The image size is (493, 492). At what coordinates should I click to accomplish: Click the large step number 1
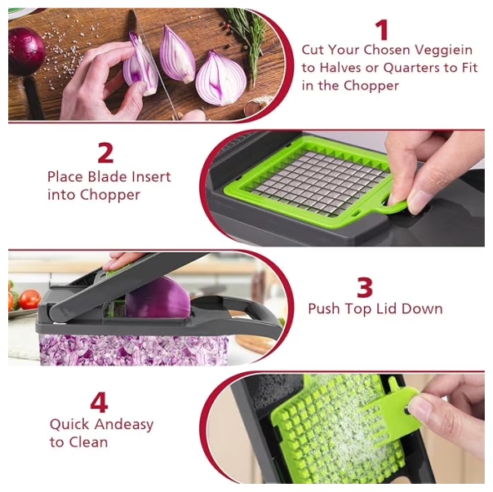pos(382,30)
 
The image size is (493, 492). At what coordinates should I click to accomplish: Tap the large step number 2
pos(105,153)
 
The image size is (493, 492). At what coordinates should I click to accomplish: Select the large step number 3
pos(365,287)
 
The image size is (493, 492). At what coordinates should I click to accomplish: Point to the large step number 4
pos(99,403)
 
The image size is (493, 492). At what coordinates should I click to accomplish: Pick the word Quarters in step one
pos(411,68)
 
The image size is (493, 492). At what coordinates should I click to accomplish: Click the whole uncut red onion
pos(26,51)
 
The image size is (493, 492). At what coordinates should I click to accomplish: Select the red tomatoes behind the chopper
pos(24,299)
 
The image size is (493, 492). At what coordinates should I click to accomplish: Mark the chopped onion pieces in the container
pos(134,349)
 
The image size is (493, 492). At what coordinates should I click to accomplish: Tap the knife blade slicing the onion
pos(154,63)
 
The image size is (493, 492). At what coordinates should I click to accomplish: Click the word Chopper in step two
pos(109,195)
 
